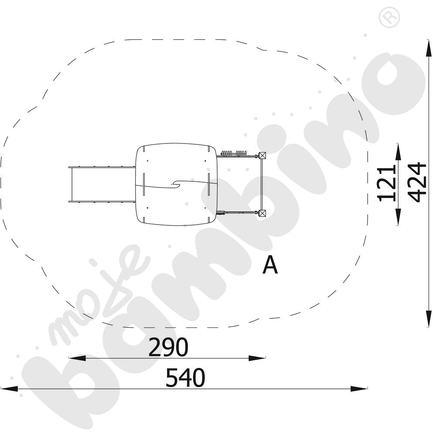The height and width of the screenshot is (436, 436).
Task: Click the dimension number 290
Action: pyautogui.click(x=168, y=347)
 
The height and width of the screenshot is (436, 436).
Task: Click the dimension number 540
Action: pyautogui.click(x=185, y=377)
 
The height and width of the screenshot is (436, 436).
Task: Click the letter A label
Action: pyautogui.click(x=270, y=265)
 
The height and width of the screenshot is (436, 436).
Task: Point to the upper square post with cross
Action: pyautogui.click(x=262, y=156)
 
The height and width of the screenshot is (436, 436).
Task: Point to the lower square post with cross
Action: pyautogui.click(x=262, y=213)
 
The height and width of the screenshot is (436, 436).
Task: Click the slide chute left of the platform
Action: pyautogui.click(x=102, y=184)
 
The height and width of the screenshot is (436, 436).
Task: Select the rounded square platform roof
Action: pyautogui.click(x=176, y=184)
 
